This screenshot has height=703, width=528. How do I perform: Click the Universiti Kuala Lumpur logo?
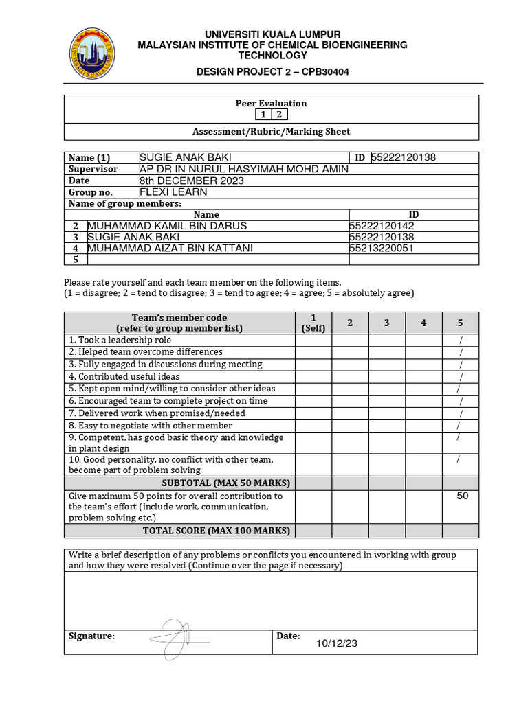[x=93, y=53]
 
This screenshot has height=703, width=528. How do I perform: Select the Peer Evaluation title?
[x=271, y=103]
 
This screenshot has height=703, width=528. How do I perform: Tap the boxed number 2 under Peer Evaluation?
[x=280, y=115]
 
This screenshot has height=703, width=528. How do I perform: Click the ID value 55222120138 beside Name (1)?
[x=404, y=157]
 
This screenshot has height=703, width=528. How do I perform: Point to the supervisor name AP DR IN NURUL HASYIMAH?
[x=243, y=169]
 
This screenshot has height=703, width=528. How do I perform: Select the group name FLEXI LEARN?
[x=173, y=192]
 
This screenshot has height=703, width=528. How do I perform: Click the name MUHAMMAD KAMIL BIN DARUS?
[x=167, y=226]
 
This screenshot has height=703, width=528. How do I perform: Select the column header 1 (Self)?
[x=313, y=323]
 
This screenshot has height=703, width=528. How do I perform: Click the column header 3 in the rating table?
[x=386, y=323]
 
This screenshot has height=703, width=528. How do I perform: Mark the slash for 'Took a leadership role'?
[x=461, y=341]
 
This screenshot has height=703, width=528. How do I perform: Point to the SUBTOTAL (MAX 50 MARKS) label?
[x=217, y=483]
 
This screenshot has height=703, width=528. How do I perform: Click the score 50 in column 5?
[x=462, y=496]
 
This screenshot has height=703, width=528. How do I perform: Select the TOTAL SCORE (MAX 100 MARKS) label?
[x=217, y=531]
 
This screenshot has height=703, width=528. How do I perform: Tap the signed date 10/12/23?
[x=337, y=643]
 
